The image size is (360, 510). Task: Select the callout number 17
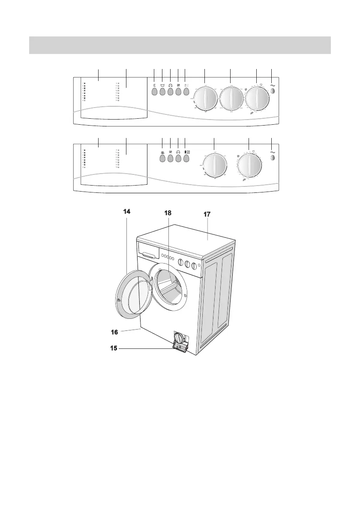pyautogui.click(x=207, y=214)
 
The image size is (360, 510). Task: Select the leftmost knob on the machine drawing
pyautogui.click(x=181, y=263)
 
